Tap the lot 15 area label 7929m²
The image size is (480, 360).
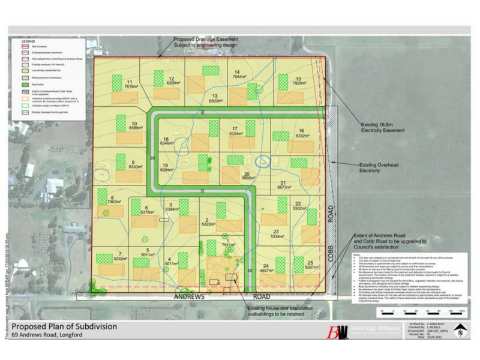coord(299,83)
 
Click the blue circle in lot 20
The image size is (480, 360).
coord(263,161)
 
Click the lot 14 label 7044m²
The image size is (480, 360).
coord(239,76)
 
